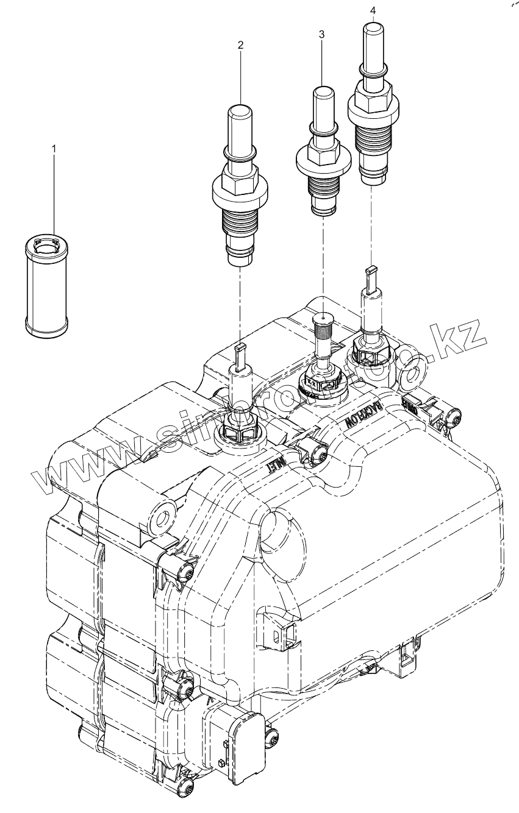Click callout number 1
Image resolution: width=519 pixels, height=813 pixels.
(54, 148)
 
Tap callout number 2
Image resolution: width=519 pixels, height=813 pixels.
(240, 44)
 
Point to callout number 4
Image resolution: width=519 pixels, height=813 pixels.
(373, 10)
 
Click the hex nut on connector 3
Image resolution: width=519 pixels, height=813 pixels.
(322, 147)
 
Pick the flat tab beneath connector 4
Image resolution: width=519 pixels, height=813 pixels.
(371, 274)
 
